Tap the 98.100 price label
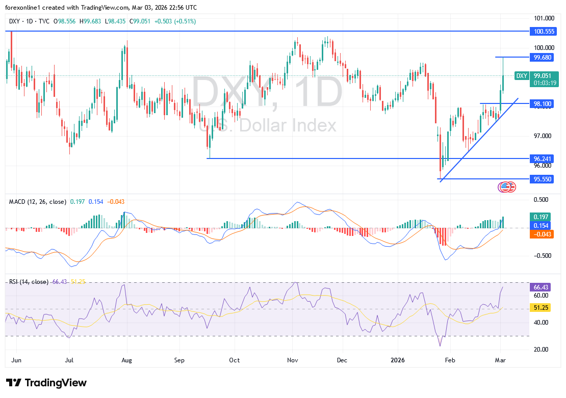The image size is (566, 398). (x=542, y=103)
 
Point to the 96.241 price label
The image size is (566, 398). (x=542, y=158)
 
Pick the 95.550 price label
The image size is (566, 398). (x=542, y=179)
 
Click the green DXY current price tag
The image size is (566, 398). (x=522, y=75)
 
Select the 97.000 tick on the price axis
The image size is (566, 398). (x=542, y=136)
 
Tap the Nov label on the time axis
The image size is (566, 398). (x=292, y=360)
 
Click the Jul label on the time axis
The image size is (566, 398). (x=69, y=360)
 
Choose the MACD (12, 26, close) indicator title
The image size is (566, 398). (x=37, y=202)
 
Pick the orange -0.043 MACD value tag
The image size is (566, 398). (x=542, y=234)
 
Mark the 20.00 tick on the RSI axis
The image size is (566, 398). (x=542, y=350)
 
